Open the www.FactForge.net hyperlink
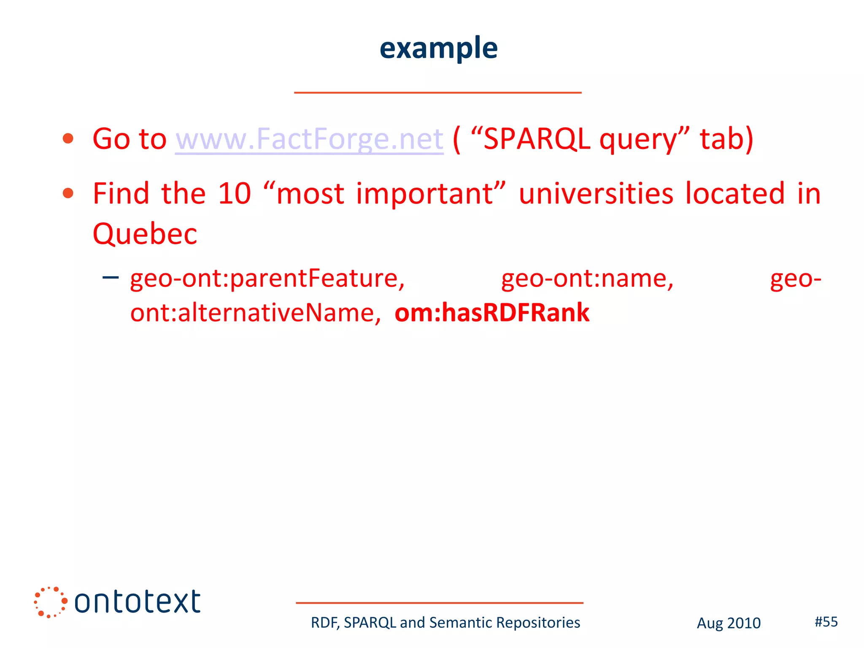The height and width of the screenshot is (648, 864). pos(309,139)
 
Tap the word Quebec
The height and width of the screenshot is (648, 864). pos(145,234)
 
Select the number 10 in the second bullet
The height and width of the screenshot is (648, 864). pos(235,194)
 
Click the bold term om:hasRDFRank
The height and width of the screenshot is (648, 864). pos(492,313)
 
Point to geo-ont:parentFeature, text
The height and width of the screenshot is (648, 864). pos(267,279)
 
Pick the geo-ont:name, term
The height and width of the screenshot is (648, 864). pos(587,279)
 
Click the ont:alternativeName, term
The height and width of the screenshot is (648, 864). pos(255,313)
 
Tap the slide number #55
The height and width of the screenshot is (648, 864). pos(826,621)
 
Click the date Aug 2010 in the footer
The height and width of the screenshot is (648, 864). pos(729,623)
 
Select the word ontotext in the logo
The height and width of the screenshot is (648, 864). pos(138,602)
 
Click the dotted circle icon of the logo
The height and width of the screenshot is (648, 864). pos(50,602)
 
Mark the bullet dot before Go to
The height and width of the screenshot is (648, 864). pos(68,139)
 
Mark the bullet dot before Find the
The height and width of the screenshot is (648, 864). pos(68,194)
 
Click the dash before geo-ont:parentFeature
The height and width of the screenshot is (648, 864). pos(111,278)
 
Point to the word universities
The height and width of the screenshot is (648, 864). pos(596,194)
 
